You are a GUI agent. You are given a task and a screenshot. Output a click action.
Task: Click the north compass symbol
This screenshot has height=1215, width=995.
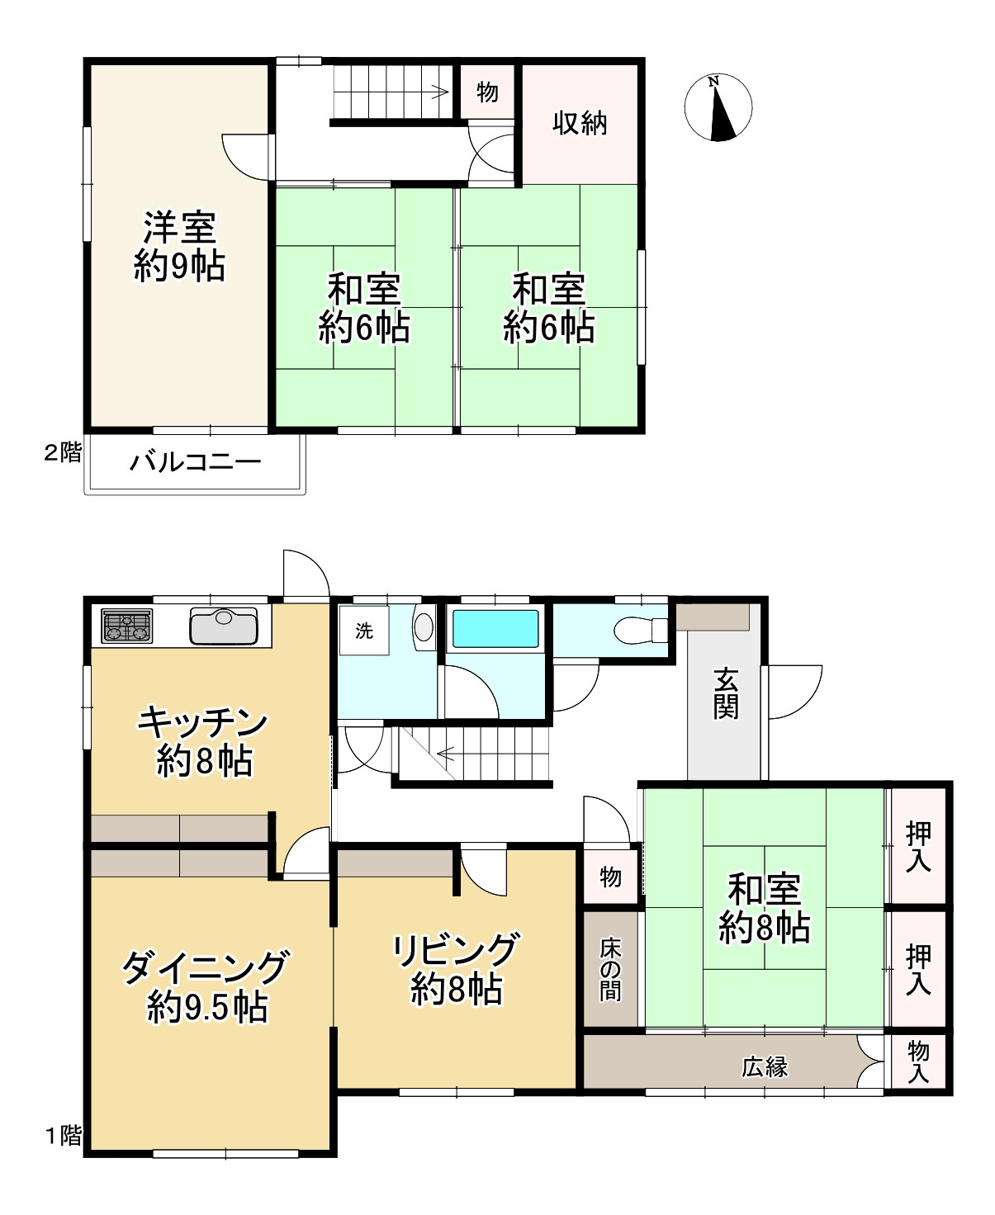(x=718, y=107)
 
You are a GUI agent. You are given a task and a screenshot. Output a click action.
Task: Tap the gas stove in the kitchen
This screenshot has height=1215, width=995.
(x=127, y=626)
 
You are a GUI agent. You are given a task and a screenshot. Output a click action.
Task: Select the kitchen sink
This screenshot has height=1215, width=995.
(x=224, y=626)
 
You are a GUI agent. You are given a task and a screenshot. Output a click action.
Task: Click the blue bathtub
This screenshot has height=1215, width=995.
(x=495, y=629)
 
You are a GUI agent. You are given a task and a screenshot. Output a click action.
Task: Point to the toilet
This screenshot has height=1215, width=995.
(x=641, y=630)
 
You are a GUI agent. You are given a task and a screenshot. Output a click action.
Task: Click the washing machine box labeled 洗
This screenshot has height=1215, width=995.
(x=364, y=631)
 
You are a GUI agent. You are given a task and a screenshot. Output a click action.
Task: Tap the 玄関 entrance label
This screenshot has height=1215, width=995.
(x=725, y=694)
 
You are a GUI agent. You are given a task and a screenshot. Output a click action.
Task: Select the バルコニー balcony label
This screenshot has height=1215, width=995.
(x=196, y=462)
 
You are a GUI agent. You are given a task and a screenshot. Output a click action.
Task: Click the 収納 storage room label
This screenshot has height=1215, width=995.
(x=580, y=123)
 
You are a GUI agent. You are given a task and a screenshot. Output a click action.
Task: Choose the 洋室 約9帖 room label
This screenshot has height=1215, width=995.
(x=179, y=247)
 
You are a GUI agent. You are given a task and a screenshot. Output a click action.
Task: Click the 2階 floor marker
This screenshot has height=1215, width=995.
(x=63, y=452)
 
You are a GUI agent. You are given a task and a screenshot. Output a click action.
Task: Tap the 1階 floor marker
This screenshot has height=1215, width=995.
(x=64, y=1136)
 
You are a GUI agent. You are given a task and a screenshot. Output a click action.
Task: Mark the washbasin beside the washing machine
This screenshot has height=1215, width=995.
(x=424, y=627)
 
